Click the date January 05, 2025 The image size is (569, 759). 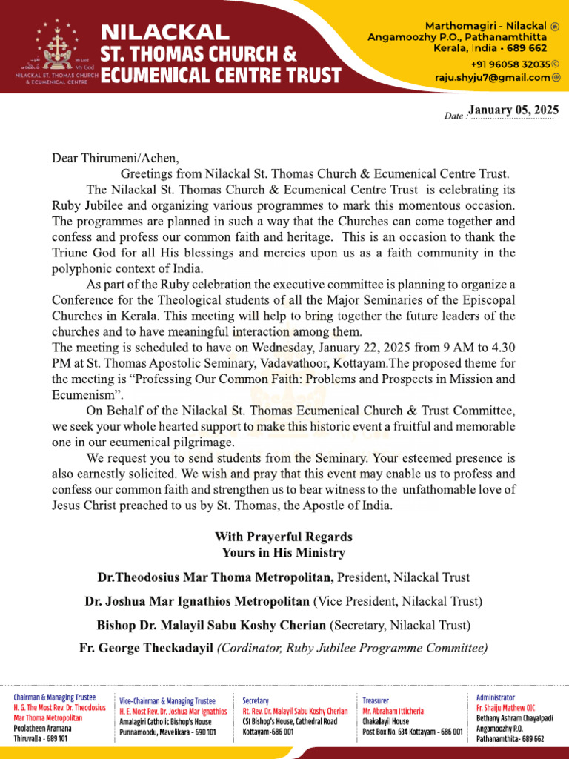click(513, 110)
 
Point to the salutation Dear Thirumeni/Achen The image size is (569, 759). click(115, 157)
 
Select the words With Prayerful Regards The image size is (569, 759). click(284, 536)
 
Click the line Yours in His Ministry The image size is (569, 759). click(284, 552)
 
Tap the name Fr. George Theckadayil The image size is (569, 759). click(146, 648)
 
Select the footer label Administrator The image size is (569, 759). click(496, 697)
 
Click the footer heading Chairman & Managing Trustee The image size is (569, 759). click(55, 697)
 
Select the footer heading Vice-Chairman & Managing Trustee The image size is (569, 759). click(167, 700)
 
